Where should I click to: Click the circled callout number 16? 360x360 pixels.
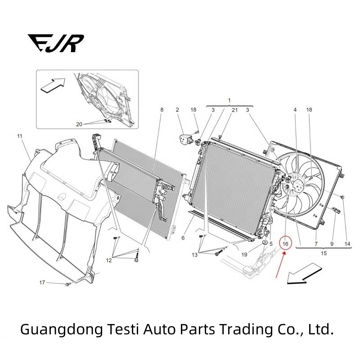coord(285,243)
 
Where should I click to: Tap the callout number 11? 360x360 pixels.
coord(19,135)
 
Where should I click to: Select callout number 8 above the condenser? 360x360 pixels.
coord(162,110)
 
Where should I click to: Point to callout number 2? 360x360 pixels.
coord(177,110)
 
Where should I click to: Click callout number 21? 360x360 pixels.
coord(234,110)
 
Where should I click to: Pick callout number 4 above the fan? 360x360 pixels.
coord(295,110)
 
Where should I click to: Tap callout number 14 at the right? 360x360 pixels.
coord(347,243)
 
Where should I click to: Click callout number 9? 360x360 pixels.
coord(332,243)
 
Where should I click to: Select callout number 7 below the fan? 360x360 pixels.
coord(316,243)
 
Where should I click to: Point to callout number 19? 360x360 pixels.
coord(244,254)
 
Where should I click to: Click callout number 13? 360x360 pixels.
coord(194,255)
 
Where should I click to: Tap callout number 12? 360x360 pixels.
coord(109,260)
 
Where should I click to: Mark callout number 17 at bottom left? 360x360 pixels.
coord(42,283)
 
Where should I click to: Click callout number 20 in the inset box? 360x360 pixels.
coord(79,124)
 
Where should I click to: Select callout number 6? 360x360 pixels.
coord(183,238)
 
